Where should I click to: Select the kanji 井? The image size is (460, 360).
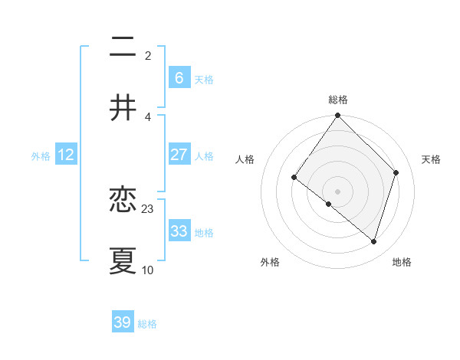(123, 107)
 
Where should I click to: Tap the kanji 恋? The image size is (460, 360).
(123, 200)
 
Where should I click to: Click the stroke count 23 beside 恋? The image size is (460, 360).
(148, 208)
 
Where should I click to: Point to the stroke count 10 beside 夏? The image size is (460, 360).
(148, 270)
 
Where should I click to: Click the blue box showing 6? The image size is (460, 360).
(179, 77)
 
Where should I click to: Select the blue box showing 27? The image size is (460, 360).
(179, 155)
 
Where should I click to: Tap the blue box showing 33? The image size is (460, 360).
(179, 231)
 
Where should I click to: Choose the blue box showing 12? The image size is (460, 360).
(66, 155)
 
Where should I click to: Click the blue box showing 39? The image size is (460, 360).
(123, 322)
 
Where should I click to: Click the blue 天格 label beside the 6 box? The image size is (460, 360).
(203, 80)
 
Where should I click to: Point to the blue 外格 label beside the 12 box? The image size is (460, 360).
(41, 156)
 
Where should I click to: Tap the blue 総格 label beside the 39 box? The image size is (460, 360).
(147, 324)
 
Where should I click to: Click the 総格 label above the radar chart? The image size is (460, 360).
(338, 100)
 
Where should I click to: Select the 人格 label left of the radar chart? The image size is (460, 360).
(245, 159)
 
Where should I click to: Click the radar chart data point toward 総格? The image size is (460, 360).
(338, 116)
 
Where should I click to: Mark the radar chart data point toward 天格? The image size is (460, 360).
(396, 172)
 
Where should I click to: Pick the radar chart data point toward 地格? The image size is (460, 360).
(374, 241)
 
